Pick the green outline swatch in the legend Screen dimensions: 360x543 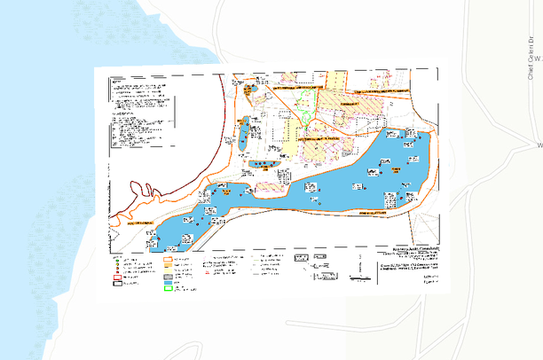(x=169, y=288)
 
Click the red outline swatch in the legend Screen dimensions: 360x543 (x=115, y=278)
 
